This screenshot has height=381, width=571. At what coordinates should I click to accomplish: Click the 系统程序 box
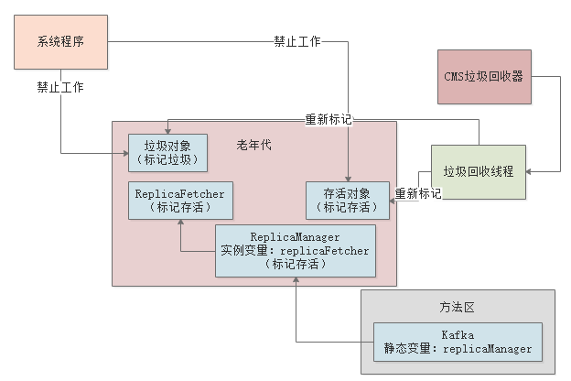tap(60, 42)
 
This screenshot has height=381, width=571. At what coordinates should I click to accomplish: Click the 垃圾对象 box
tap(167, 153)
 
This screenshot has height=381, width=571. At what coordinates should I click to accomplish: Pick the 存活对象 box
tap(347, 201)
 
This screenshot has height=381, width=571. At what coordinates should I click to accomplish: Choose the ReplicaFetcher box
tap(179, 201)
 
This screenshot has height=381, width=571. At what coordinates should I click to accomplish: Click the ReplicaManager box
tap(295, 250)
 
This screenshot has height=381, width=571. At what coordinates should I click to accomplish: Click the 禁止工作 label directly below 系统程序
tap(60, 89)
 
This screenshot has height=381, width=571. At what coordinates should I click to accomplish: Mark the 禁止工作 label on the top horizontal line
tap(297, 42)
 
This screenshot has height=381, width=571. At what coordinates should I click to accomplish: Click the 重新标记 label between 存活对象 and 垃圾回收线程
tap(418, 194)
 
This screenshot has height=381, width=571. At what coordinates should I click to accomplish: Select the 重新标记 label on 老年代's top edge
tap(329, 120)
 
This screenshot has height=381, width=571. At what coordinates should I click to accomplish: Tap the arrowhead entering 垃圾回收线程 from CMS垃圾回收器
tap(532, 171)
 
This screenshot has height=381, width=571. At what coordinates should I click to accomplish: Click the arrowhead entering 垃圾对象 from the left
tap(123, 153)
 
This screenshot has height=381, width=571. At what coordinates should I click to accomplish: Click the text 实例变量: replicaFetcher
tap(295, 250)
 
